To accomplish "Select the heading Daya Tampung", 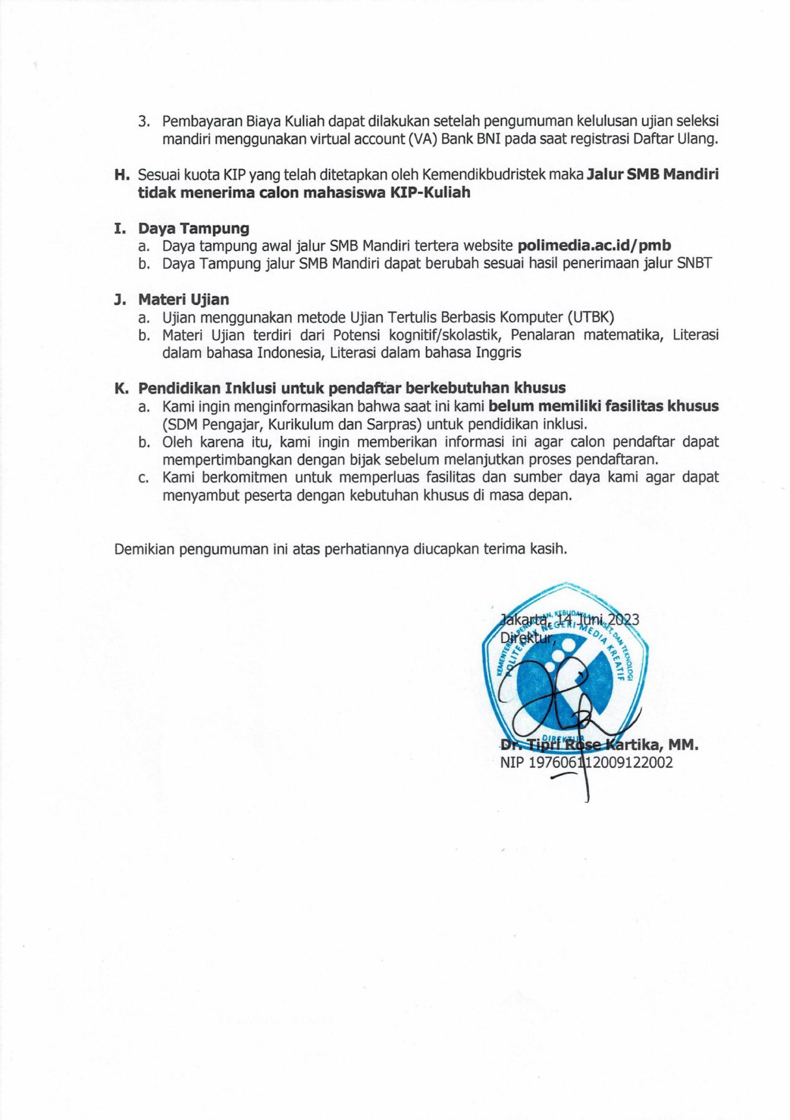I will pyautogui.click(x=194, y=228).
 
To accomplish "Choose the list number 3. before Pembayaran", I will pyautogui.click(x=144, y=122).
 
